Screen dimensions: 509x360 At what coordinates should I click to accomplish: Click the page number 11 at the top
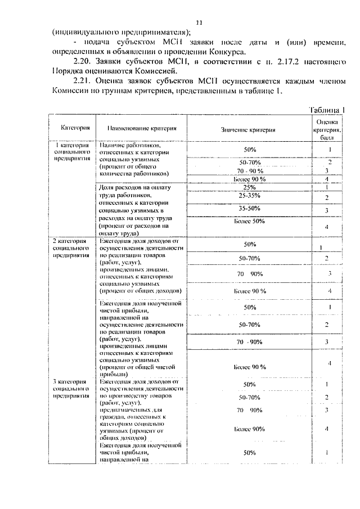(198, 22)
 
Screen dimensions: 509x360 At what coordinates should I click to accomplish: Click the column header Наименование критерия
(143, 129)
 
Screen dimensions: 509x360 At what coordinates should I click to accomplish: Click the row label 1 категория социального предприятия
(72, 152)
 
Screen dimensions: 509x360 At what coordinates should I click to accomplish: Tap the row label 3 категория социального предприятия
(72, 389)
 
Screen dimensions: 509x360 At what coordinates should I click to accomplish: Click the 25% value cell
(250, 187)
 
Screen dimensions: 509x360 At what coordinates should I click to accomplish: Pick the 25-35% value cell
(250, 196)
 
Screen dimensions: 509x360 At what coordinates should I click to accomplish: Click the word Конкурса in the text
(235, 51)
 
